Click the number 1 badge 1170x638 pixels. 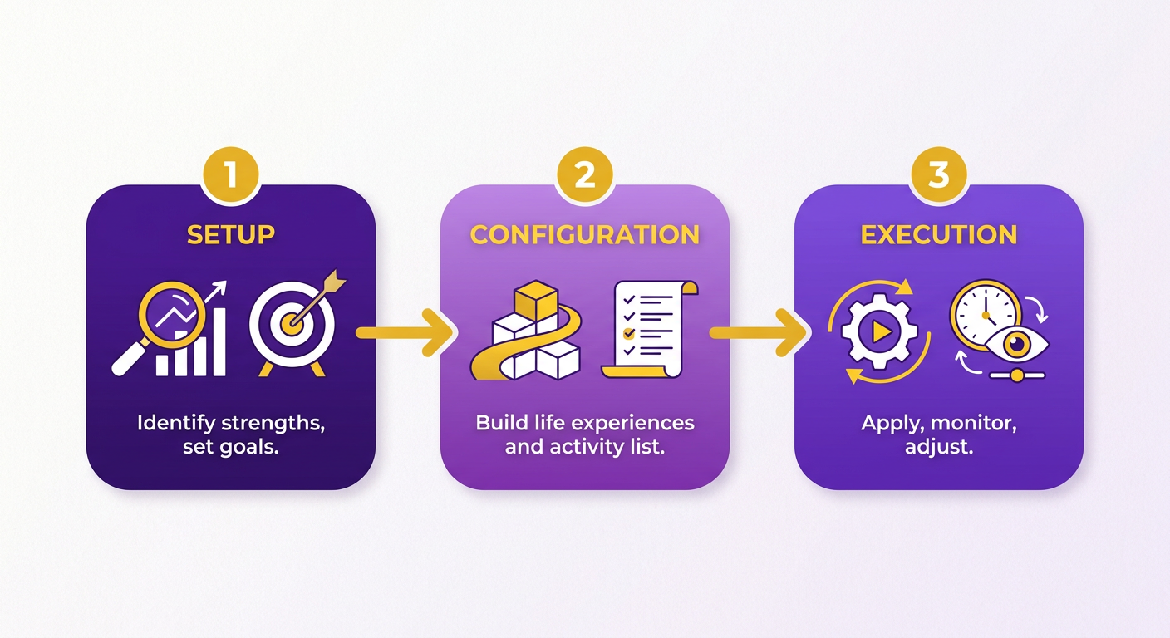tap(231, 175)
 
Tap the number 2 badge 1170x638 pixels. tap(584, 175)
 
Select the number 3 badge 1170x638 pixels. tap(939, 175)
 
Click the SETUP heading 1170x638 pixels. tap(231, 235)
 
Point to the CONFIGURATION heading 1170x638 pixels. tap(584, 235)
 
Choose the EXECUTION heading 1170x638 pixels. tap(939, 235)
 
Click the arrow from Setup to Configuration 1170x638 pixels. tap(405, 332)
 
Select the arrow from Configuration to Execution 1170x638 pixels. tap(759, 332)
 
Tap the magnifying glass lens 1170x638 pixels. tap(172, 315)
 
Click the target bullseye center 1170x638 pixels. tap(292, 324)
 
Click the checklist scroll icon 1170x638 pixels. tap(650, 329)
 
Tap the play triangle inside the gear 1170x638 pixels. tap(881, 332)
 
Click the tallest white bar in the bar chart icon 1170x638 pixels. tap(219, 342)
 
